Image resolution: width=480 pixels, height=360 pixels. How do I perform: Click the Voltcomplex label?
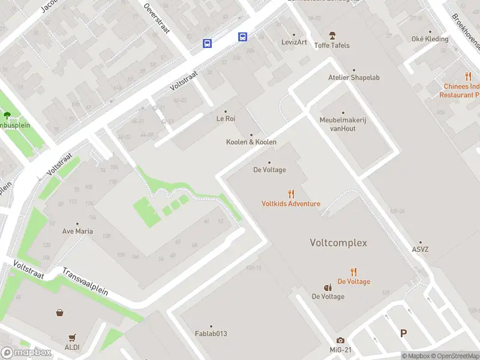(x=338, y=243)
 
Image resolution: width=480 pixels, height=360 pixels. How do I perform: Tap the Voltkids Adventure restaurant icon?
(x=291, y=194)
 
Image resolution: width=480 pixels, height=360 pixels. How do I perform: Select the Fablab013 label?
(x=211, y=334)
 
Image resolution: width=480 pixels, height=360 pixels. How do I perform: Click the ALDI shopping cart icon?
(x=73, y=338)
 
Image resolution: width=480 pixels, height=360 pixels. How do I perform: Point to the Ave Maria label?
(x=77, y=231)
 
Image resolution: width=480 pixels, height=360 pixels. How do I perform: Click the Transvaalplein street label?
(x=85, y=281)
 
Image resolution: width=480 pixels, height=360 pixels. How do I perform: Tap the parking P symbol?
(x=403, y=334)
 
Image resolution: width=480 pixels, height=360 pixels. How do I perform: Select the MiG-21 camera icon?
(x=340, y=340)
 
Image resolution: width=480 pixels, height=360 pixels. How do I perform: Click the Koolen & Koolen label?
(x=251, y=142)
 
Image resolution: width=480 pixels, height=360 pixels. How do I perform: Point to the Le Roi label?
(x=226, y=119)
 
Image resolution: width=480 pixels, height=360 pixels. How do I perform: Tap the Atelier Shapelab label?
(x=353, y=77)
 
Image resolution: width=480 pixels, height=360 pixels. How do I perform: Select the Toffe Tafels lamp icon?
(x=332, y=35)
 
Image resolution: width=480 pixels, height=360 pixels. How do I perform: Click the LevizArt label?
(x=294, y=42)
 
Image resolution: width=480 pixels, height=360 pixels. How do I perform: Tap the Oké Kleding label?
(x=430, y=39)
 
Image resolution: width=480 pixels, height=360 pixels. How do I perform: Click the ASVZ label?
(x=421, y=250)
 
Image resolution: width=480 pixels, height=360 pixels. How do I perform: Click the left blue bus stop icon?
(x=207, y=43)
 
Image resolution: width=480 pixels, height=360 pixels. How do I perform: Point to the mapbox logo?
(x=26, y=353)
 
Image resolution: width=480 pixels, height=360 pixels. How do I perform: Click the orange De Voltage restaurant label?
(x=353, y=281)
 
